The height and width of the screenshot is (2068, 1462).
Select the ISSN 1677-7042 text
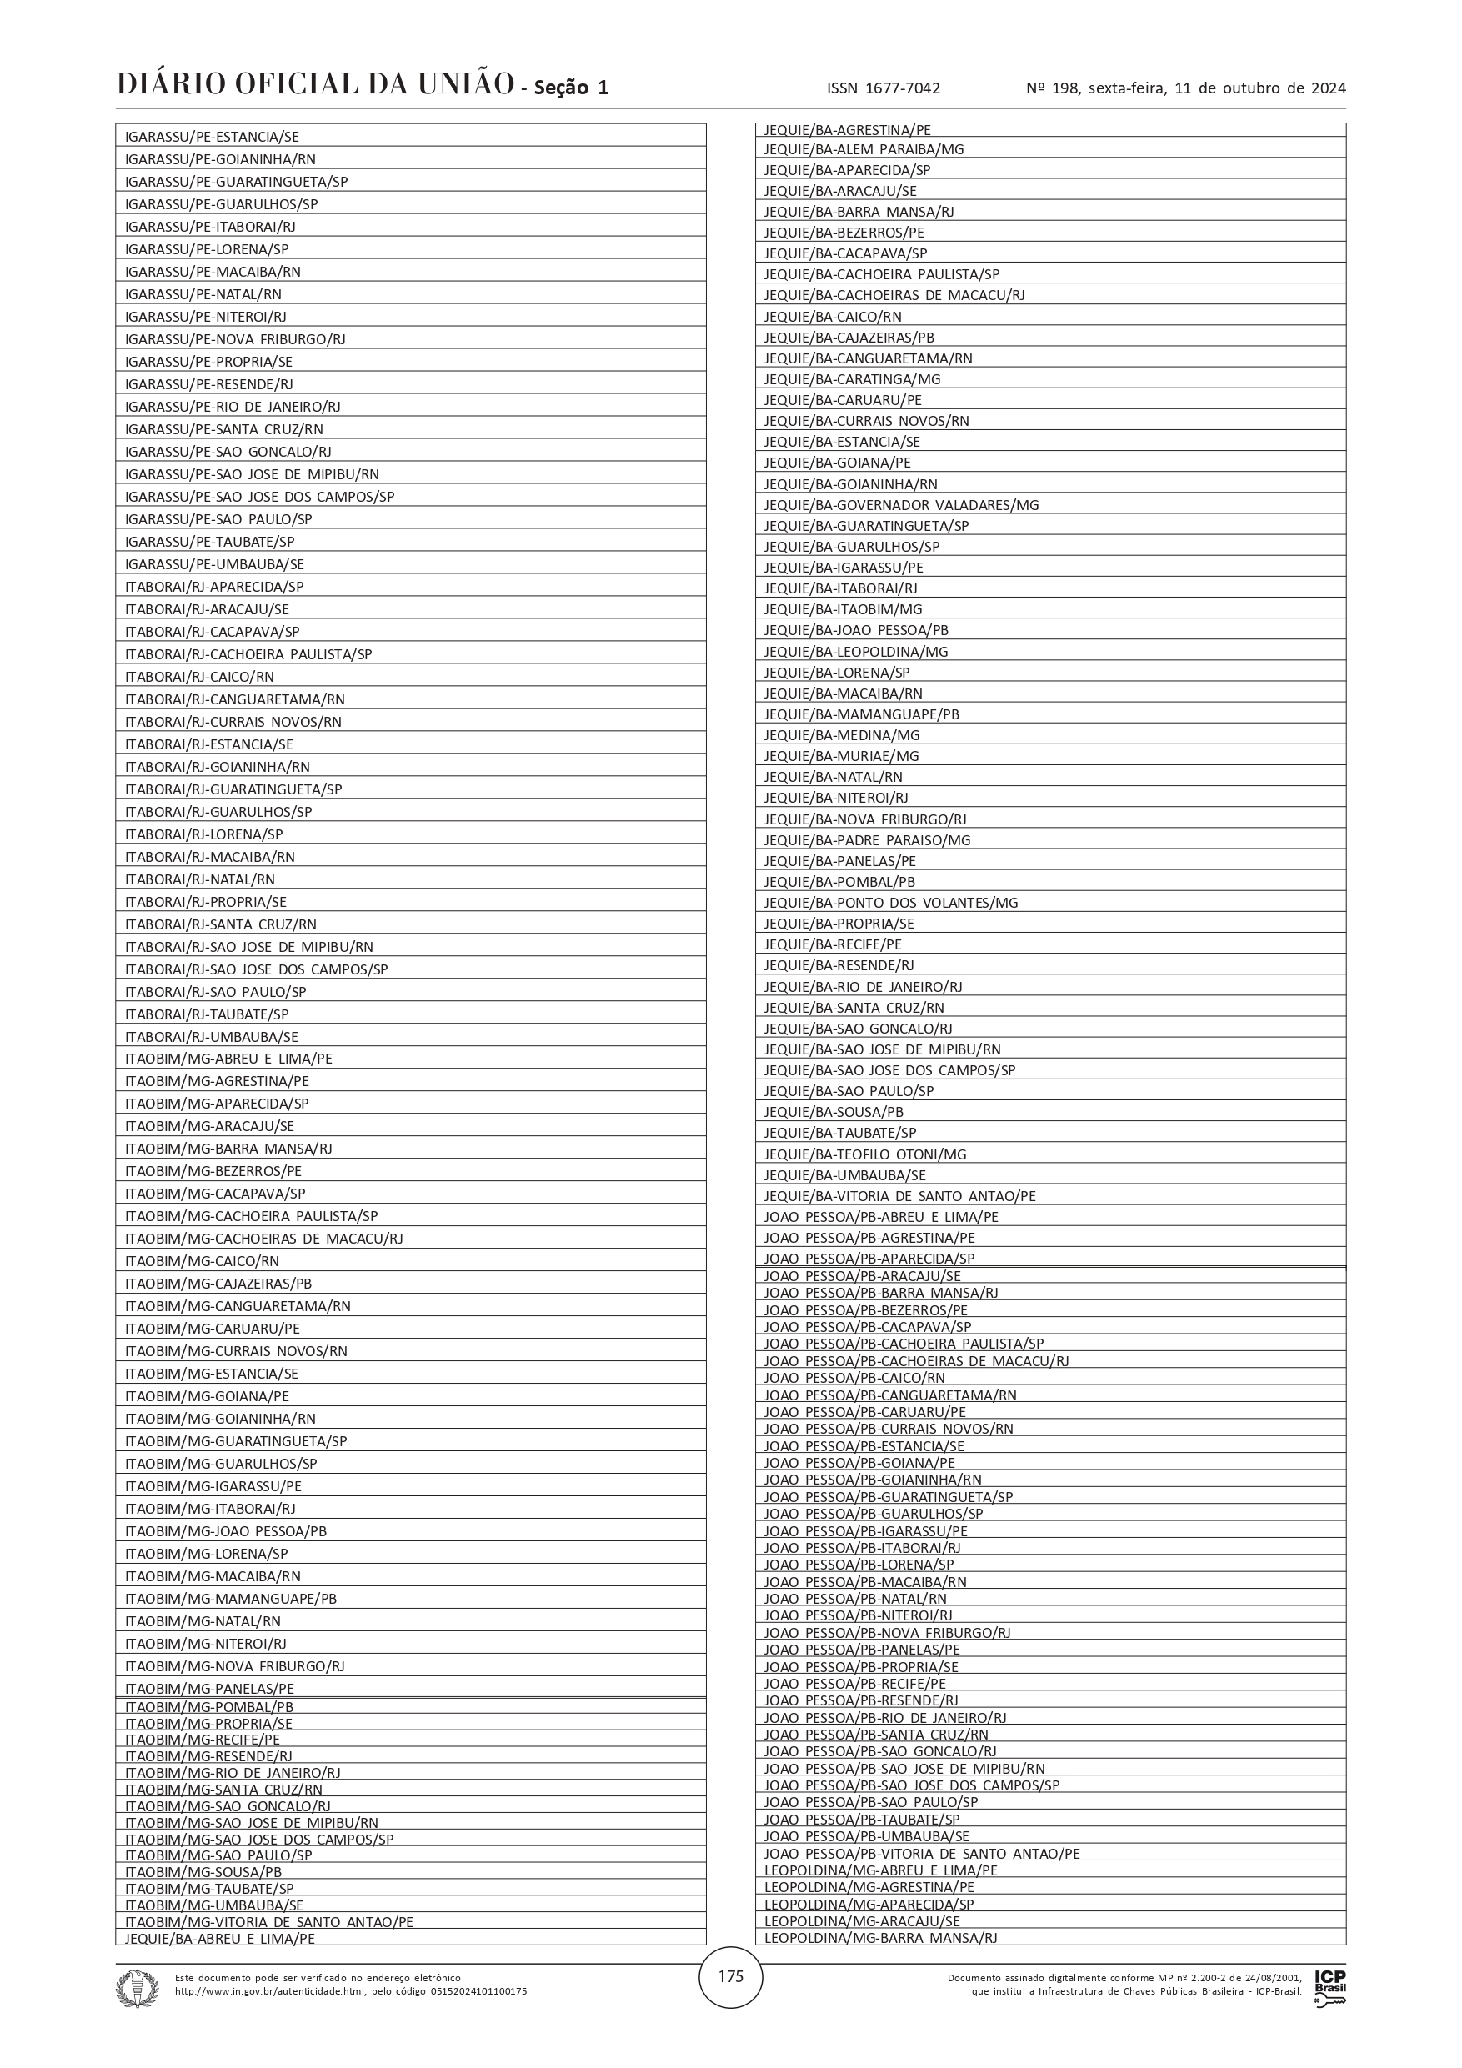coord(883,88)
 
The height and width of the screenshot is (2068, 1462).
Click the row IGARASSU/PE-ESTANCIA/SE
coord(212,137)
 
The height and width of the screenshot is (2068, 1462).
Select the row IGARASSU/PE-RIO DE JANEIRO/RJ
coord(233,406)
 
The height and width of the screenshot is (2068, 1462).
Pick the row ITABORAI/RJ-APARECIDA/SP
coord(214,586)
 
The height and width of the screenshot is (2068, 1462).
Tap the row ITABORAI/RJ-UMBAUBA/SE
coord(212,1037)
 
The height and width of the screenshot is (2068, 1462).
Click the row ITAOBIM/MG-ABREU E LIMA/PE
coord(229,1059)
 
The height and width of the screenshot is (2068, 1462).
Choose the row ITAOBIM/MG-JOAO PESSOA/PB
coord(225,1531)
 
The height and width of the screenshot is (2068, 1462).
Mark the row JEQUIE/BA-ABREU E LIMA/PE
coord(220,1938)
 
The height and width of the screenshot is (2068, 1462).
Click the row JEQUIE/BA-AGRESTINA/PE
coord(847,130)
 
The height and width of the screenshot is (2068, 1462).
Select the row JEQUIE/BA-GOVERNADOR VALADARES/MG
coord(901,505)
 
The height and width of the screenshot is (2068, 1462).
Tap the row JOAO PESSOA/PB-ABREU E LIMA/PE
coord(881,1217)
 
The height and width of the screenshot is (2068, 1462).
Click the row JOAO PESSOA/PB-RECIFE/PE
coord(855,1684)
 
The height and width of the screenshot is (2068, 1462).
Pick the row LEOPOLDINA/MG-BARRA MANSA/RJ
coord(880,1937)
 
